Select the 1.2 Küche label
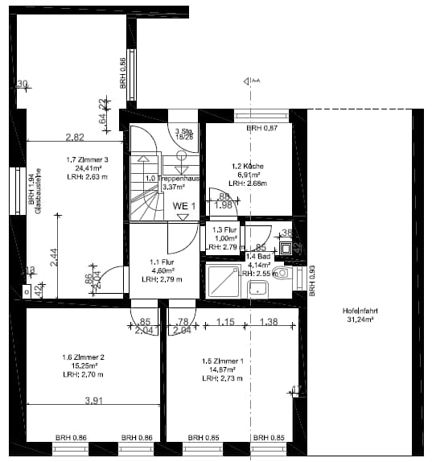click(245, 166)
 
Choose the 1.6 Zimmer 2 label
click(84, 357)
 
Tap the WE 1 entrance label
click(184, 206)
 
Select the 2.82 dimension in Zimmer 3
click(75, 137)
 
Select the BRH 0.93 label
click(312, 278)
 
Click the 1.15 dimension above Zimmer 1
click(225, 322)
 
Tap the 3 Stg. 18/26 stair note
click(184, 134)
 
